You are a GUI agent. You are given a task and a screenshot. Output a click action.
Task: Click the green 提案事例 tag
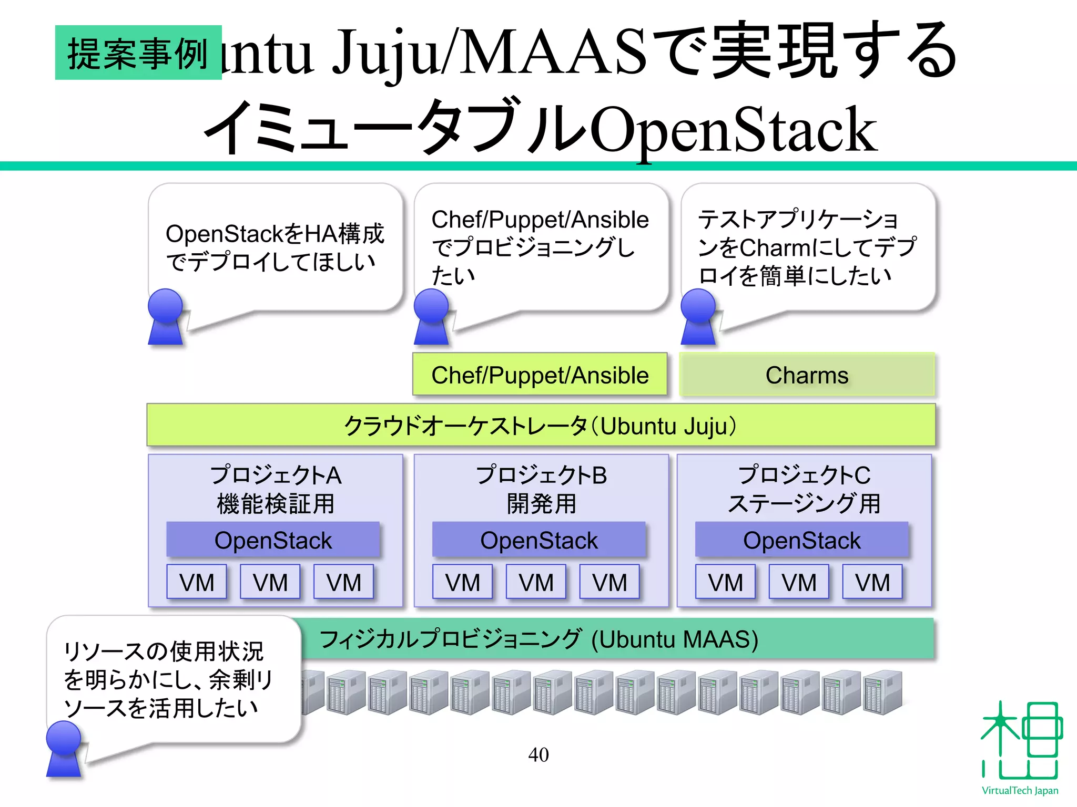[x=138, y=53]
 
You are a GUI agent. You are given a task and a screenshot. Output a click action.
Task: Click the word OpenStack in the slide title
[x=733, y=129]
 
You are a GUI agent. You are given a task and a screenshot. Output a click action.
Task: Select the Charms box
[x=807, y=375]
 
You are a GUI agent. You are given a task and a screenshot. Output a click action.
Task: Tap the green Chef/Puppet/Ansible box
[x=540, y=375]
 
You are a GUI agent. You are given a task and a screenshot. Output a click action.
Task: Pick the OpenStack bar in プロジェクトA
[x=273, y=540]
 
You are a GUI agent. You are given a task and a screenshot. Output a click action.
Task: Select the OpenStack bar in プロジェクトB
[x=538, y=540]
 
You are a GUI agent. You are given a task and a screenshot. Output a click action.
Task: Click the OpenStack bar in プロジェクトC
[x=801, y=540]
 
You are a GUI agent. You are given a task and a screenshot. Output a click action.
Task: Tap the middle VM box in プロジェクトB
[x=536, y=582]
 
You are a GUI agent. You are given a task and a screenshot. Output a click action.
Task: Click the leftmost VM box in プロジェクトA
[x=197, y=582]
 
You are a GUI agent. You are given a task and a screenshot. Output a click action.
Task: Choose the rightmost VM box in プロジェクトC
[x=872, y=582]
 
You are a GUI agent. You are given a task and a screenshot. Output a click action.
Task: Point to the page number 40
[x=538, y=755]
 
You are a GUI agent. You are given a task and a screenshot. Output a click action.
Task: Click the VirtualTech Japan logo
[x=1020, y=746]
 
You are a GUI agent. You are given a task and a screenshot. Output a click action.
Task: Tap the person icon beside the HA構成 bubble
[x=165, y=317]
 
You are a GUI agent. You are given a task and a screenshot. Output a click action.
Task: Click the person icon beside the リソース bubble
[x=64, y=749]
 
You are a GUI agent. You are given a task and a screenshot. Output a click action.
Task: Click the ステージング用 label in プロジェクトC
[x=804, y=503]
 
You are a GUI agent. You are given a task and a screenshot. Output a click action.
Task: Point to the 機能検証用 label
[x=276, y=503]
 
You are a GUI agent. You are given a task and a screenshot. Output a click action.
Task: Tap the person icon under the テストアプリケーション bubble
[x=698, y=317]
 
